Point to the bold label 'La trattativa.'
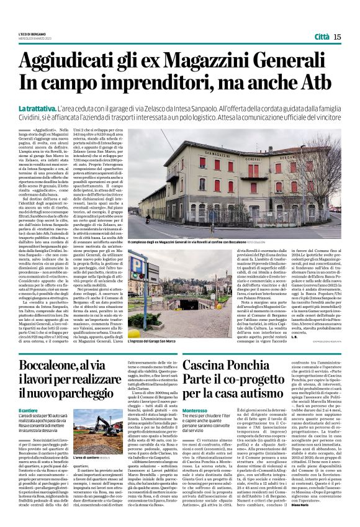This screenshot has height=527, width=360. [x=35, y=108]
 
